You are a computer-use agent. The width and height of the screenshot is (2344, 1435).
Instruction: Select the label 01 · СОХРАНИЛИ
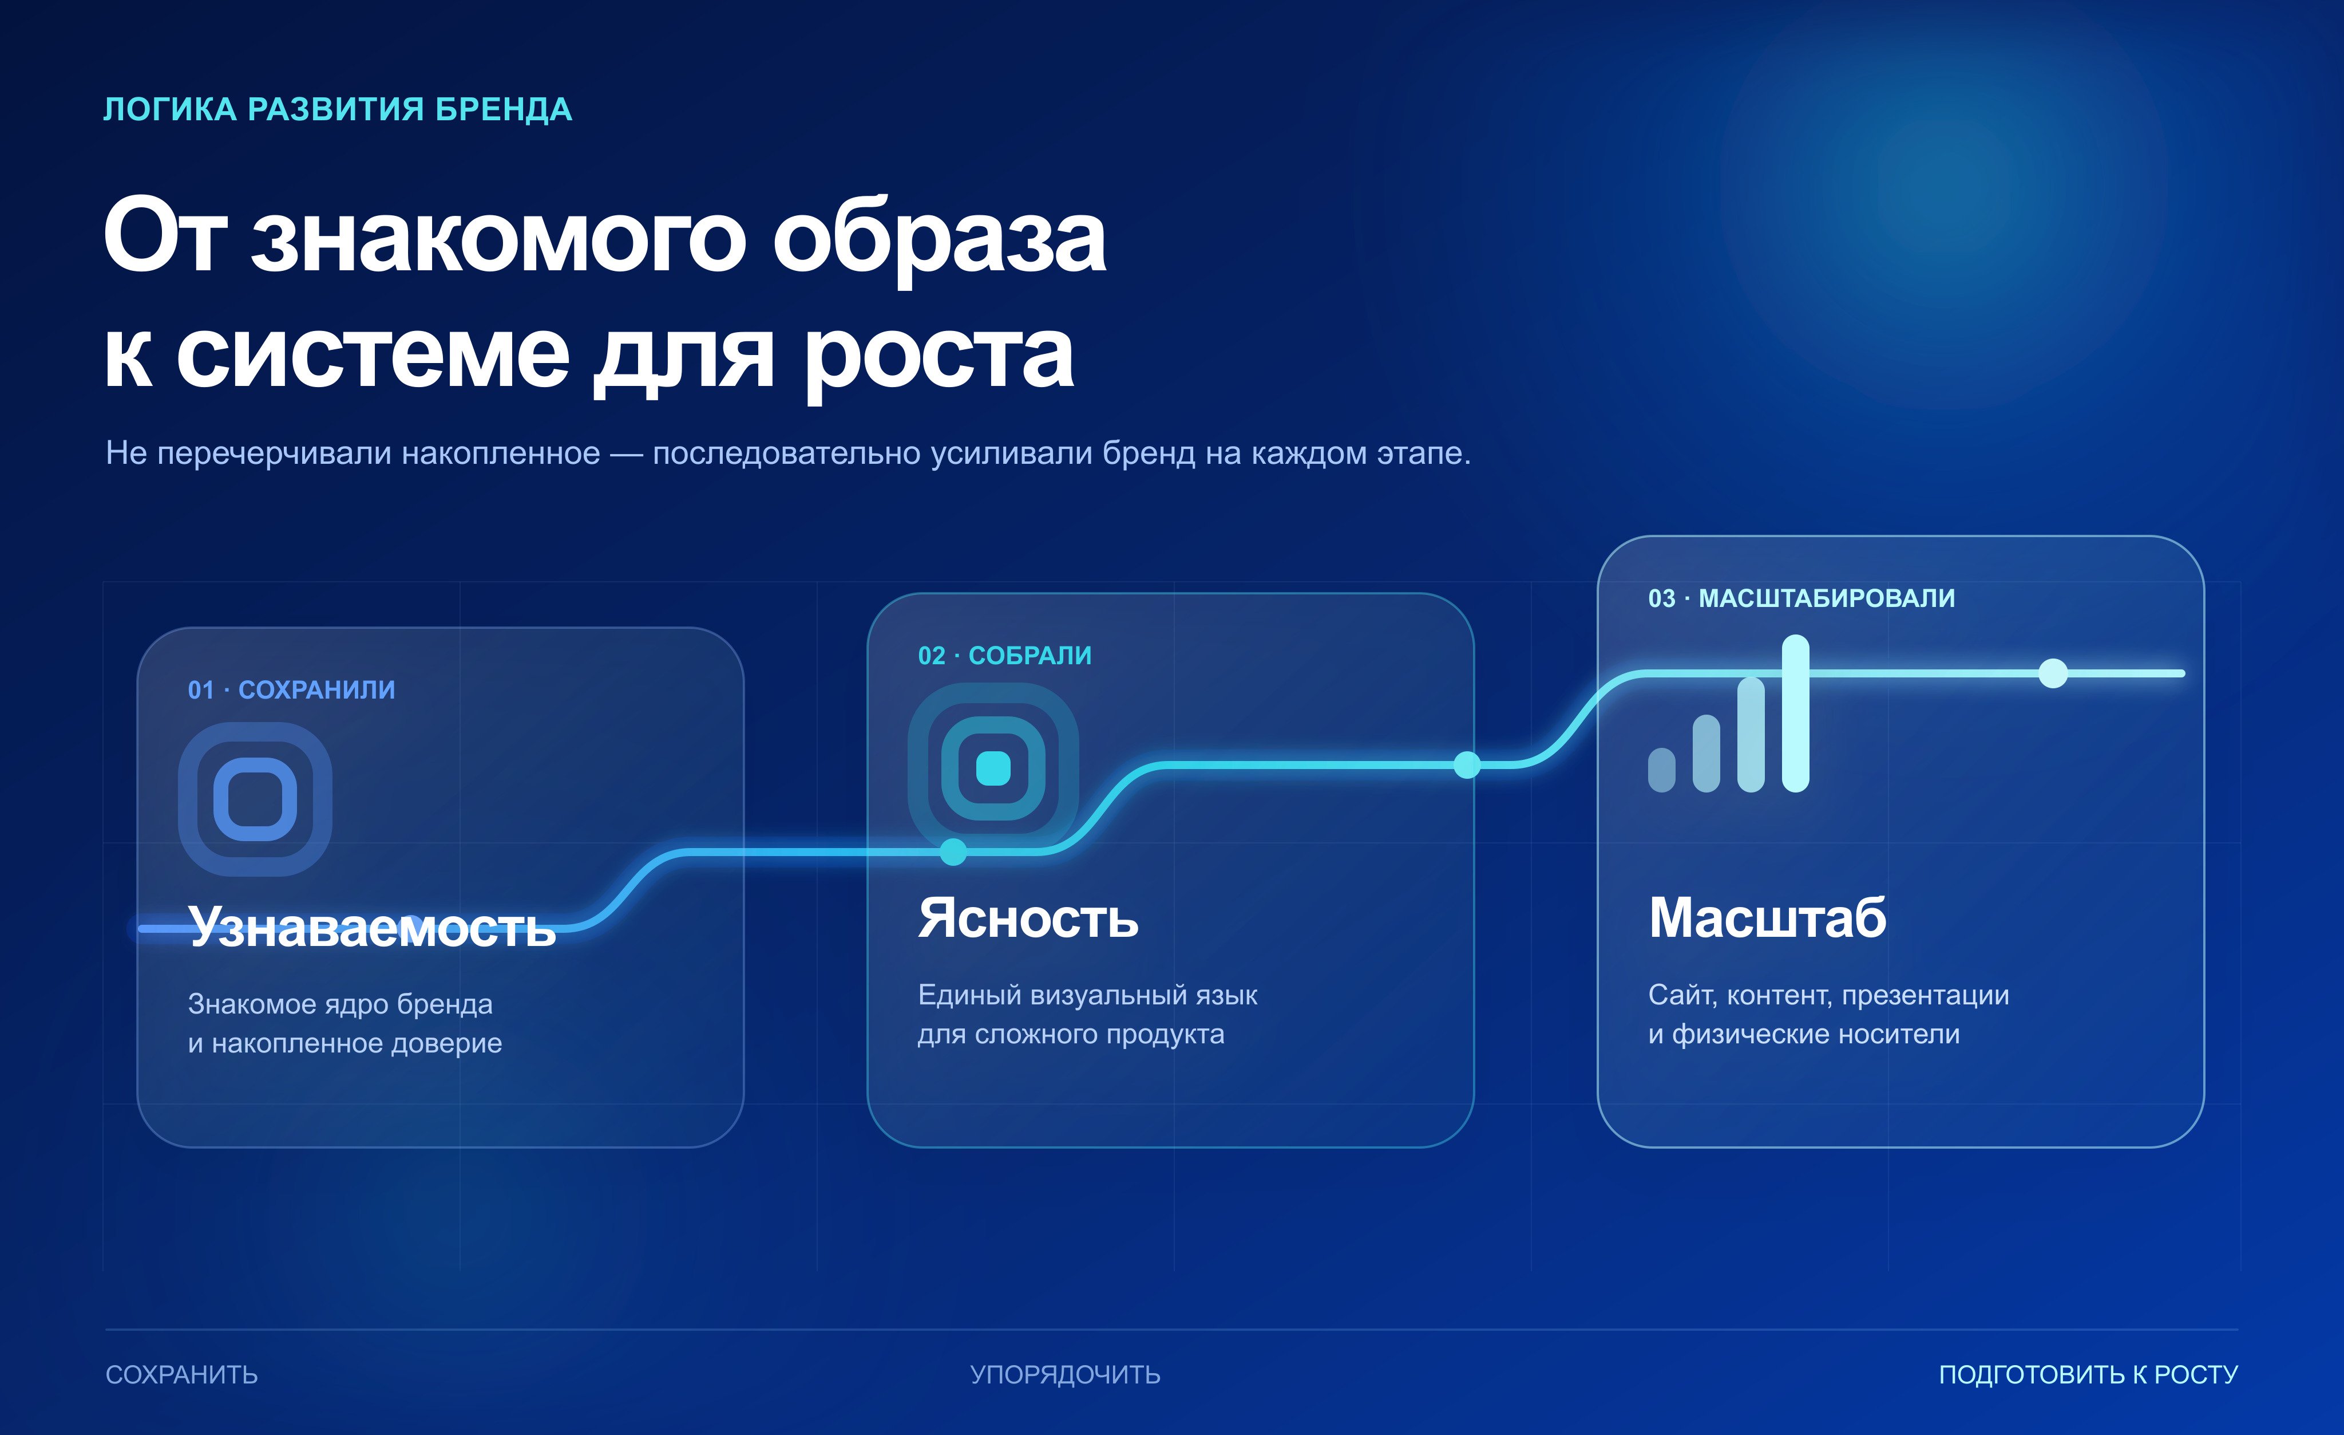(291, 690)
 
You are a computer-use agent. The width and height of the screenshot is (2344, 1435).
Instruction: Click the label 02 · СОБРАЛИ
(1004, 656)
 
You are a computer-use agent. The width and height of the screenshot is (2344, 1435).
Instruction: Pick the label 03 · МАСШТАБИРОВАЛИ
(1801, 598)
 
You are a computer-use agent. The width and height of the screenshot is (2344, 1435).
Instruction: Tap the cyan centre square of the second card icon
(993, 768)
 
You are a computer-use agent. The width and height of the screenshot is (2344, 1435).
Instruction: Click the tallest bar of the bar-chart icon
(1795, 713)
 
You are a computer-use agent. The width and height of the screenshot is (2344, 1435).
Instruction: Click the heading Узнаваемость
(372, 928)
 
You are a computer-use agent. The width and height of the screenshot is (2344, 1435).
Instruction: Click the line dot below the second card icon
(953, 851)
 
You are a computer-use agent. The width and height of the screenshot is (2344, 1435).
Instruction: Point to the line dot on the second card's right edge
(1468, 764)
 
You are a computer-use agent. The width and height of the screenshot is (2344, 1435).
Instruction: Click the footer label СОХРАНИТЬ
(182, 1375)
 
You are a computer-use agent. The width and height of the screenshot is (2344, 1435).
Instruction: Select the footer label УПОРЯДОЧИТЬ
(1066, 1375)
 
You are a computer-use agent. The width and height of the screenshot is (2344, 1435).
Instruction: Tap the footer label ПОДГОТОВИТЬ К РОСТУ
(2089, 1375)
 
